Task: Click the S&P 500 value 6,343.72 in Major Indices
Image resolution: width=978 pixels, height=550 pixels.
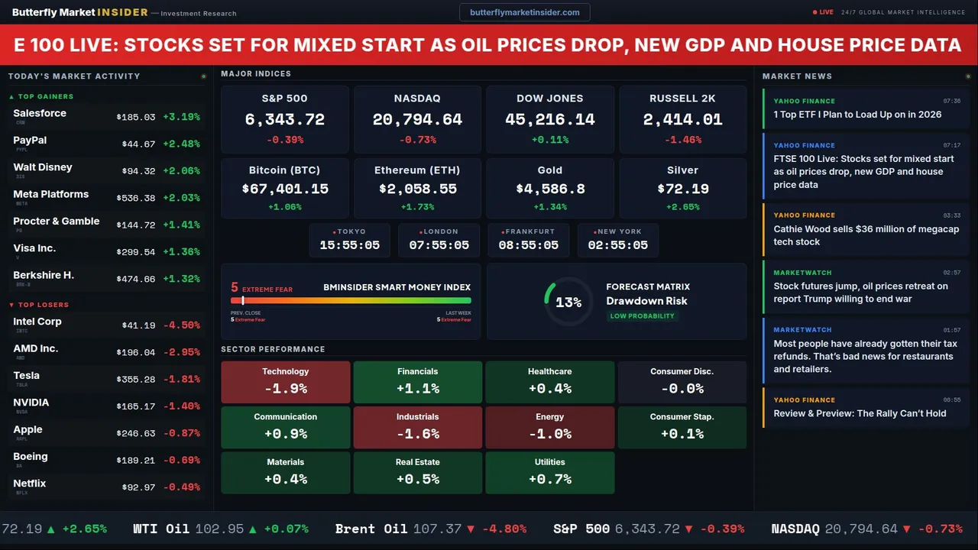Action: click(x=284, y=120)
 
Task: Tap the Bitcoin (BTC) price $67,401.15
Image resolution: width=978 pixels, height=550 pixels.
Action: click(x=284, y=189)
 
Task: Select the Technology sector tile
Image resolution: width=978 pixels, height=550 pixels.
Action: click(x=285, y=382)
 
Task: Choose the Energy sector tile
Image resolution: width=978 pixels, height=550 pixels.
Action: click(x=549, y=427)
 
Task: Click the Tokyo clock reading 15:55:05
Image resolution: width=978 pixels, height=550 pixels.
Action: click(x=349, y=245)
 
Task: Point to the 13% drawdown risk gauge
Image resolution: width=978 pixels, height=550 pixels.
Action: click(x=568, y=302)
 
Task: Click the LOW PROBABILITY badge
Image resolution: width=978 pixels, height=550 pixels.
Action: click(x=642, y=316)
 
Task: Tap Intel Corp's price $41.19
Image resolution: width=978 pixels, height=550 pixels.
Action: click(x=138, y=325)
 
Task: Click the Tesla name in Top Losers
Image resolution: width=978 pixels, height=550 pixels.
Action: click(x=27, y=376)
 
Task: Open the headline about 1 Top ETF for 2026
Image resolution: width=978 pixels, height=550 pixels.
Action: click(x=857, y=115)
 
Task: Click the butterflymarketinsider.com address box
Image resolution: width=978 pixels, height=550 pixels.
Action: click(x=524, y=12)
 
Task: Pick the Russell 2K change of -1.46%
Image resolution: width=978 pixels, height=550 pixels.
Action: click(x=682, y=141)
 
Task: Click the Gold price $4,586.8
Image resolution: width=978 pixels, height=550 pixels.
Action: click(x=550, y=189)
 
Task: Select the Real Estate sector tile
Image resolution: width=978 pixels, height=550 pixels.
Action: click(x=417, y=472)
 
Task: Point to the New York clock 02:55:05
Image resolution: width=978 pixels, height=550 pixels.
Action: click(x=617, y=245)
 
